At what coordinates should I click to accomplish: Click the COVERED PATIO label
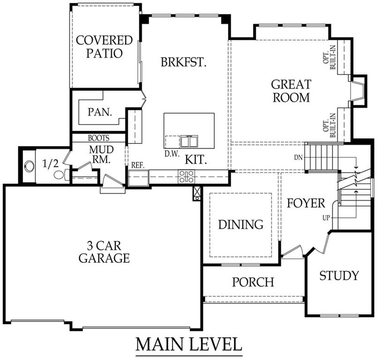[104, 46]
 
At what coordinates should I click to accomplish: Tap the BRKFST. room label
[184, 62]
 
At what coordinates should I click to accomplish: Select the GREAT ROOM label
[291, 91]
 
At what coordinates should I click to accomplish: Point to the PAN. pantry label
[100, 112]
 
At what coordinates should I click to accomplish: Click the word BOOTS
[98, 138]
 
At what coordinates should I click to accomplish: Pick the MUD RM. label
[101, 154]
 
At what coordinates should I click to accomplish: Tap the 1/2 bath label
[50, 164]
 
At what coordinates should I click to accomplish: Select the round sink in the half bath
[30, 166]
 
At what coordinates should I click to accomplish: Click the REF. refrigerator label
[138, 165]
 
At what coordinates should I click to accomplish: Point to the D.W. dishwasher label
[172, 154]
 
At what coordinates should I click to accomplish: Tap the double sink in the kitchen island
[189, 141]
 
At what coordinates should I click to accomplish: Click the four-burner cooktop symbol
[186, 177]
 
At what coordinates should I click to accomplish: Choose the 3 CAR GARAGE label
[104, 252]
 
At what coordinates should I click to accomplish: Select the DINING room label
[241, 225]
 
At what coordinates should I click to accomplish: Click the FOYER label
[306, 203]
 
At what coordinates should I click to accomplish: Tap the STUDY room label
[339, 276]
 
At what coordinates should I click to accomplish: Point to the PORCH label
[253, 282]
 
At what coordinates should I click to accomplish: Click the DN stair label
[298, 157]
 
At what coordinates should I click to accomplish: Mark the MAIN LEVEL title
[189, 344]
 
